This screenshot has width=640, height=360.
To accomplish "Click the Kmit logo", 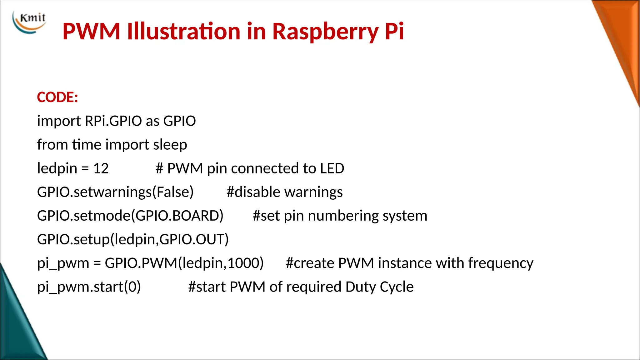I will (29, 22).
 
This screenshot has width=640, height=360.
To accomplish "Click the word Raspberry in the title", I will (325, 32).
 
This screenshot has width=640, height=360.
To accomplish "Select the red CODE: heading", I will (57, 97).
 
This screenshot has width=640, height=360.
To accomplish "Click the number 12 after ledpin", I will (101, 169).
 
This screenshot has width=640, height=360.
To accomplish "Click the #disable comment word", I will (253, 192).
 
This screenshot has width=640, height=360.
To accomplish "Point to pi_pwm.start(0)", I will (89, 287).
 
